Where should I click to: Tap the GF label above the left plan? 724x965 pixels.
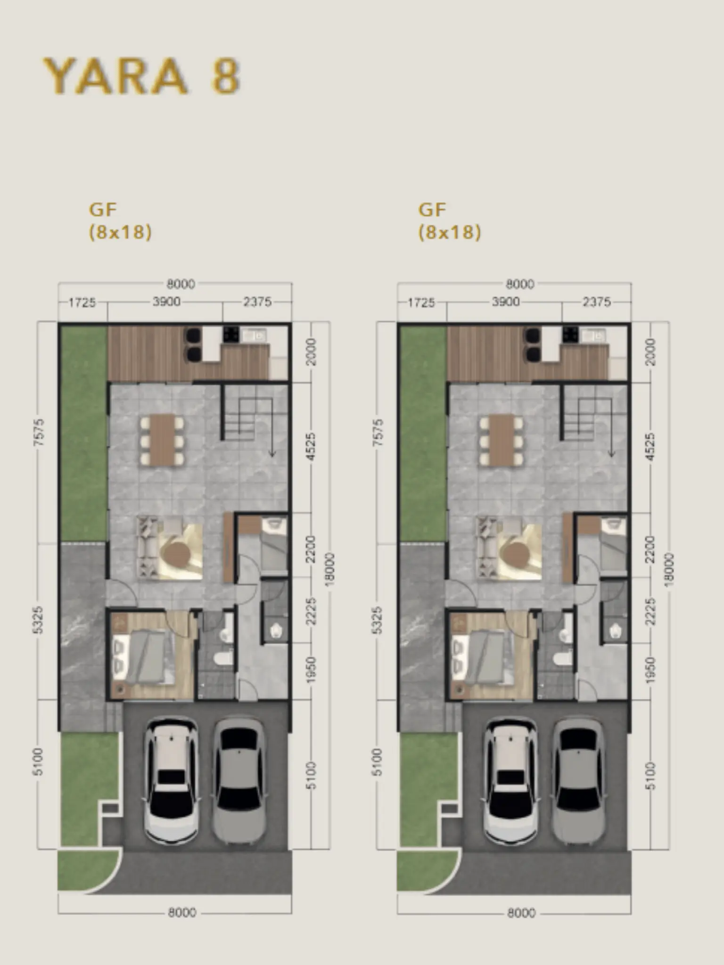103,209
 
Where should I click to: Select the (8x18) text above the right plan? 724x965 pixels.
450,232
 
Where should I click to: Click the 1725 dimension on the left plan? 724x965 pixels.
82,302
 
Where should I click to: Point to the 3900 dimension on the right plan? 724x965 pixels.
506,302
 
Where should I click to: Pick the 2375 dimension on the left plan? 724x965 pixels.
257,302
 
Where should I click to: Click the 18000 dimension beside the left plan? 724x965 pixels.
330,569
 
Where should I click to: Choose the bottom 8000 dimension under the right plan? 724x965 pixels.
521,913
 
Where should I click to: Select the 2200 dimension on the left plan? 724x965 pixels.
311,549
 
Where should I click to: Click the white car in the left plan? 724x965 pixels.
171,781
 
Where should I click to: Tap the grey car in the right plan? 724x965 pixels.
579,781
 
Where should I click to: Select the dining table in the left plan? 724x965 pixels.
161,439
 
